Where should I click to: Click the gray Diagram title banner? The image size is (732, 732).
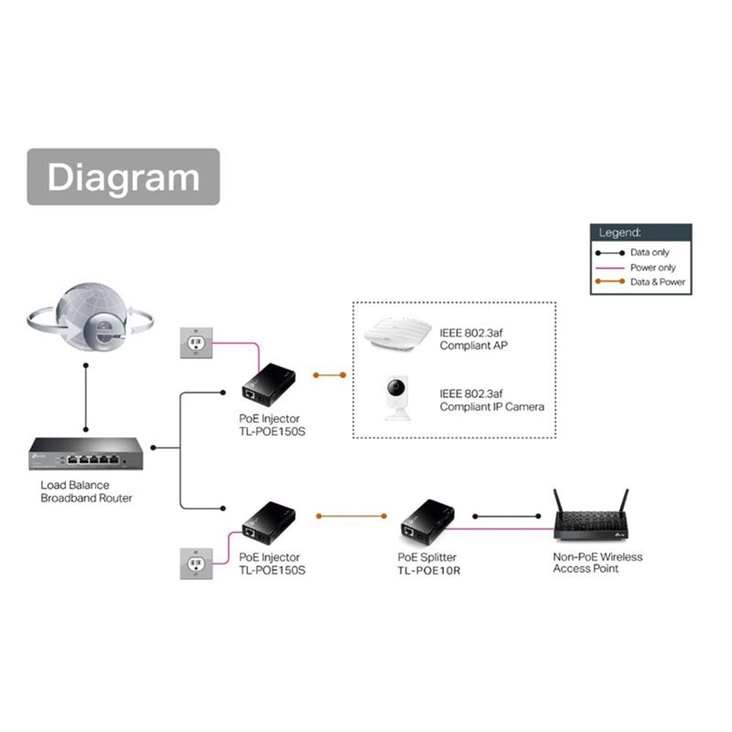coord(123,177)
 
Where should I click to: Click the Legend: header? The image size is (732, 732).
coord(620,233)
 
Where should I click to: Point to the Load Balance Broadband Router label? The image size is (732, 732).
coord(86,491)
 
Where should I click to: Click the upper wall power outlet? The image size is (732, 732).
coord(197,343)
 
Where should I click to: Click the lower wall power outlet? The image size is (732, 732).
coord(197,564)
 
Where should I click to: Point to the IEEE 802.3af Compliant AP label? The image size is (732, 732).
coord(473,339)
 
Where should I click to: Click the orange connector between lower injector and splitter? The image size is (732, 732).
coord(350,515)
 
